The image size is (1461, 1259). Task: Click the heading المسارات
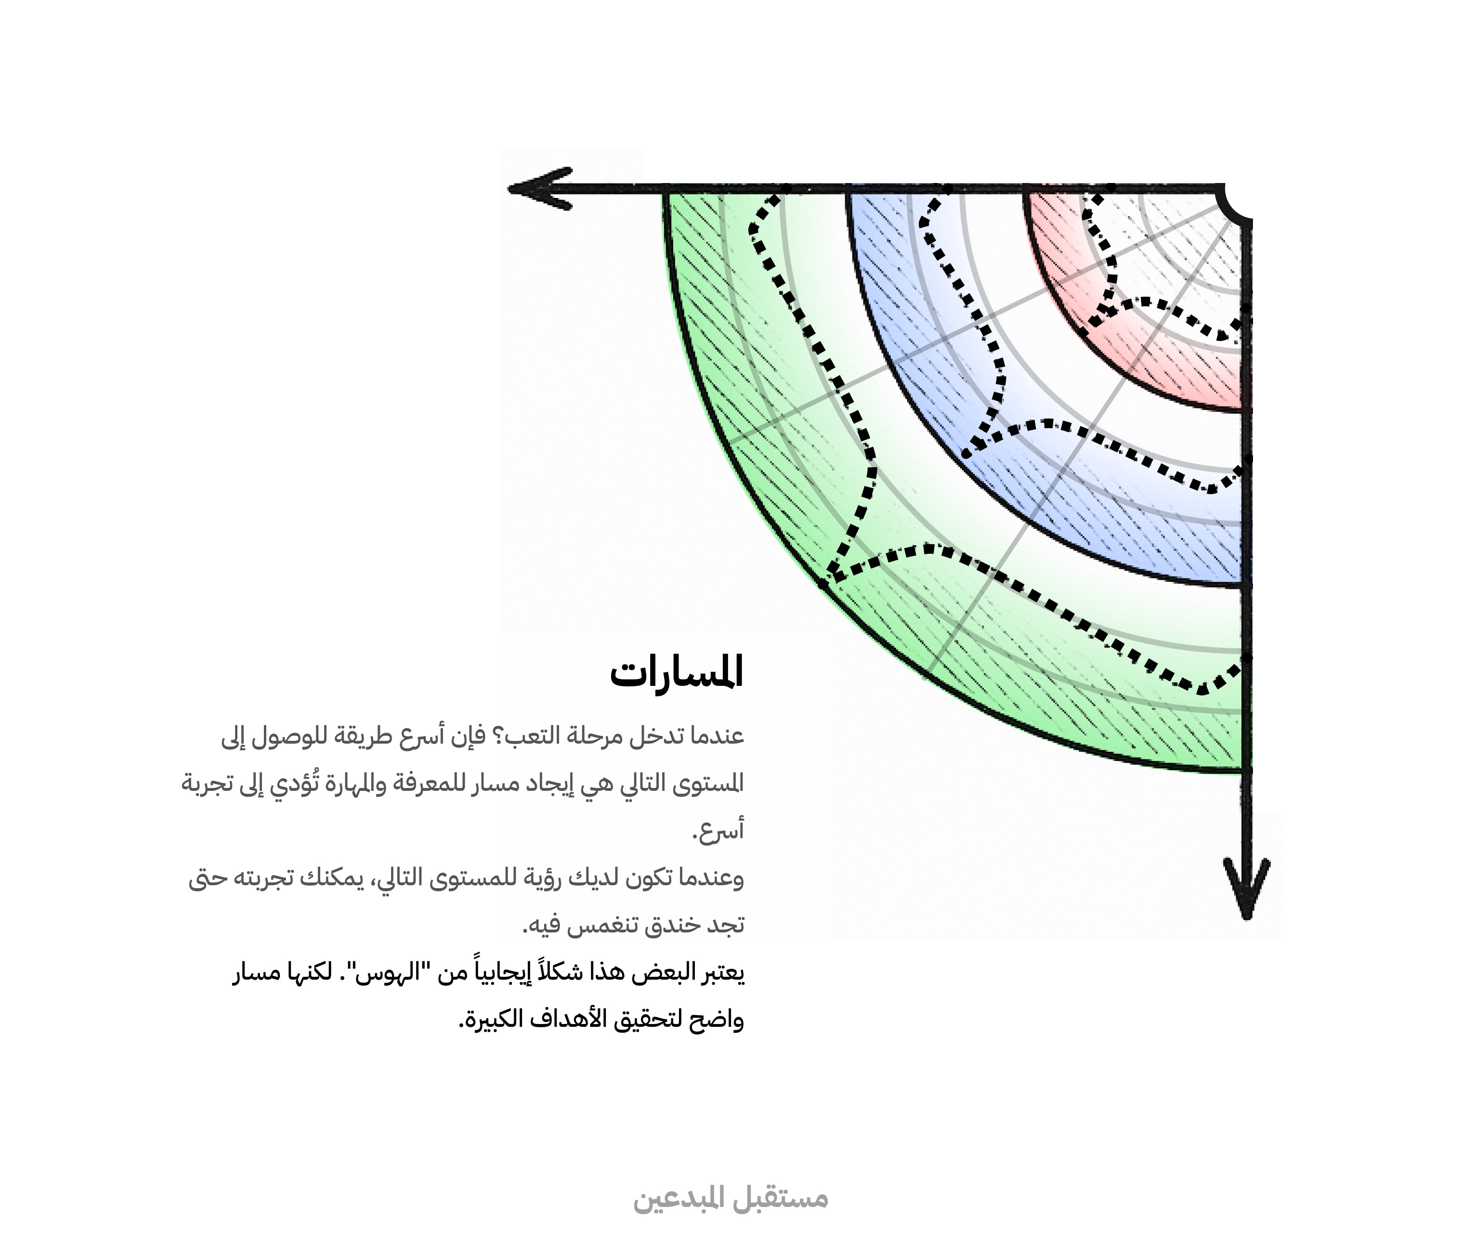677,674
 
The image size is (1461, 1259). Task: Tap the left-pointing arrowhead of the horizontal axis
539,188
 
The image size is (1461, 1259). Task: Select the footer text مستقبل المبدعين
730,1198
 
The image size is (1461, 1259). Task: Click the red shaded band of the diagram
1156,367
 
